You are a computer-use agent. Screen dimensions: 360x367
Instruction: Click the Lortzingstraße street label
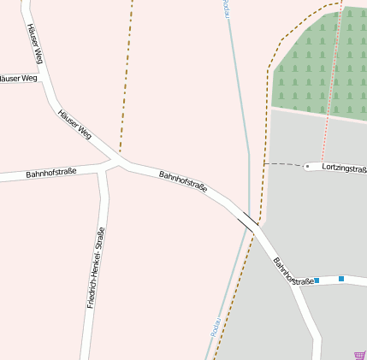point(344,168)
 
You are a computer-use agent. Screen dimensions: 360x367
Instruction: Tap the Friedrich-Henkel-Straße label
point(95,268)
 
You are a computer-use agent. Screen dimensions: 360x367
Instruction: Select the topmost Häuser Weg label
point(35,43)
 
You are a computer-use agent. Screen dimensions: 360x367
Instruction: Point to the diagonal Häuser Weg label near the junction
point(74,123)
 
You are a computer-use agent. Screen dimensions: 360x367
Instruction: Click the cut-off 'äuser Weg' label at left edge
point(18,78)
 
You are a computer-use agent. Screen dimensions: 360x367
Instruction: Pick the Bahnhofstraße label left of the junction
point(50,173)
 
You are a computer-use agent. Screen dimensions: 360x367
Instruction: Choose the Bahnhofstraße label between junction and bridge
point(183,186)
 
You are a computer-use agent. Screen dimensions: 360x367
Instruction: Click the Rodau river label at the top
point(227,7)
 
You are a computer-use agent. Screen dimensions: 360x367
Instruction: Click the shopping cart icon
point(359,355)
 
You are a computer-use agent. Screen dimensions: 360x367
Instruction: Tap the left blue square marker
point(317,280)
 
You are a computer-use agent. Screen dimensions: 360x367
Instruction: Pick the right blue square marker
point(341,279)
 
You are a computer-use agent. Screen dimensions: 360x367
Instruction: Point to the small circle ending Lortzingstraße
point(307,167)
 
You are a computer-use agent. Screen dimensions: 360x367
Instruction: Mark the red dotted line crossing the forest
point(334,68)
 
